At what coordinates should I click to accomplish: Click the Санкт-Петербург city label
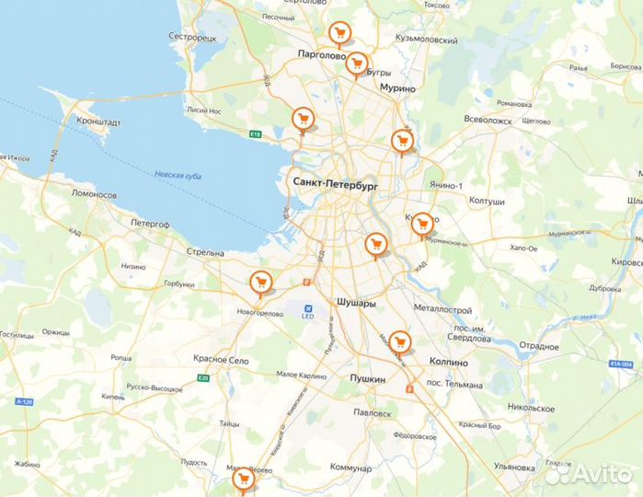pyautogui.click(x=335, y=183)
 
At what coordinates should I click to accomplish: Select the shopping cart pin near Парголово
pyautogui.click(x=340, y=35)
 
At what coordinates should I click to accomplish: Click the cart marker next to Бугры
pyautogui.click(x=357, y=63)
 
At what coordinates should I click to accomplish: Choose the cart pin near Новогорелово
pyautogui.click(x=261, y=283)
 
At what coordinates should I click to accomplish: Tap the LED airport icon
pyautogui.click(x=308, y=307)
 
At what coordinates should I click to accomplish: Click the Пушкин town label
pyautogui.click(x=367, y=378)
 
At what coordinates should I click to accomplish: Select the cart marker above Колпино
pyautogui.click(x=398, y=341)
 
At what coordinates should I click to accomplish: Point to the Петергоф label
pyautogui.click(x=150, y=224)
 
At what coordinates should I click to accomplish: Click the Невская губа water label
pyautogui.click(x=178, y=175)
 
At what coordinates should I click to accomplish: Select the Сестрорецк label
pyautogui.click(x=191, y=37)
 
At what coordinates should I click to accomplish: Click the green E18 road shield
pyautogui.click(x=256, y=134)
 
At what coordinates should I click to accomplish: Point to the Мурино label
pyautogui.click(x=397, y=88)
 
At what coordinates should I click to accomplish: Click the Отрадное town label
pyautogui.click(x=538, y=346)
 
